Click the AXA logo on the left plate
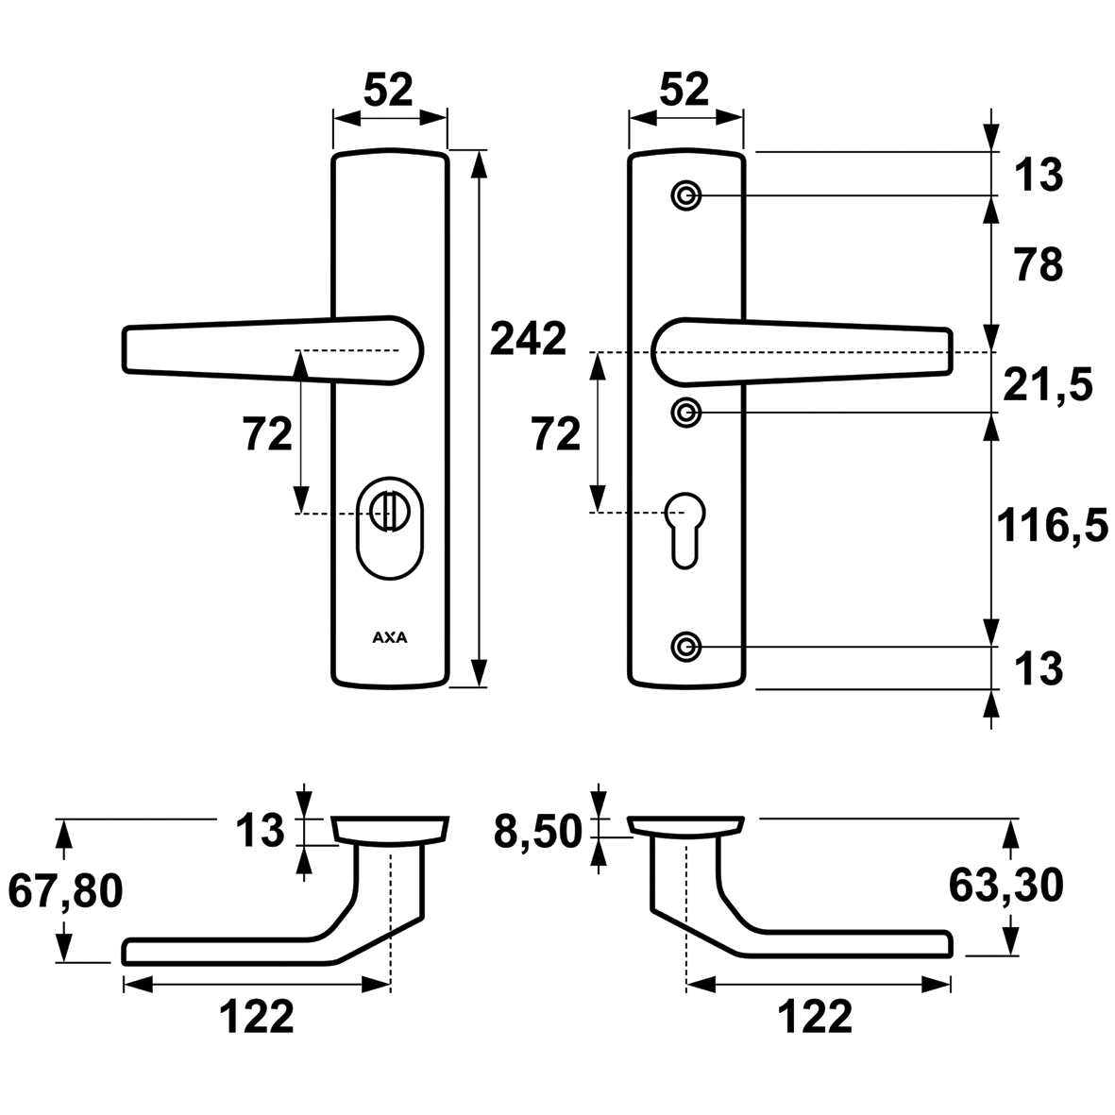pyautogui.click(x=390, y=638)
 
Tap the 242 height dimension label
pyautogui.click(x=529, y=339)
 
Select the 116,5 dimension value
pyautogui.click(x=1053, y=527)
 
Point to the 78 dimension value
pyautogui.click(x=1039, y=264)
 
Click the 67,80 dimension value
pyautogui.click(x=65, y=891)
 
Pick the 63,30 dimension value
pyautogui.click(x=1006, y=886)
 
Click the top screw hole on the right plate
pyautogui.click(x=686, y=195)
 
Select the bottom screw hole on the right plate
pyautogui.click(x=686, y=647)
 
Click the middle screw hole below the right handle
pyautogui.click(x=686, y=413)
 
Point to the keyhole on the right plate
pyautogui.click(x=684, y=529)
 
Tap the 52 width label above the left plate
pyautogui.click(x=388, y=91)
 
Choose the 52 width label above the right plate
pyautogui.click(x=684, y=91)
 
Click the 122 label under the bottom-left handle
pyautogui.click(x=256, y=1017)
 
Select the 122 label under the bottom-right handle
pyautogui.click(x=816, y=1017)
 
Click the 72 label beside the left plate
pyautogui.click(x=268, y=434)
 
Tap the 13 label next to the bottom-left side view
pyautogui.click(x=261, y=830)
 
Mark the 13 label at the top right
pyautogui.click(x=1039, y=175)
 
